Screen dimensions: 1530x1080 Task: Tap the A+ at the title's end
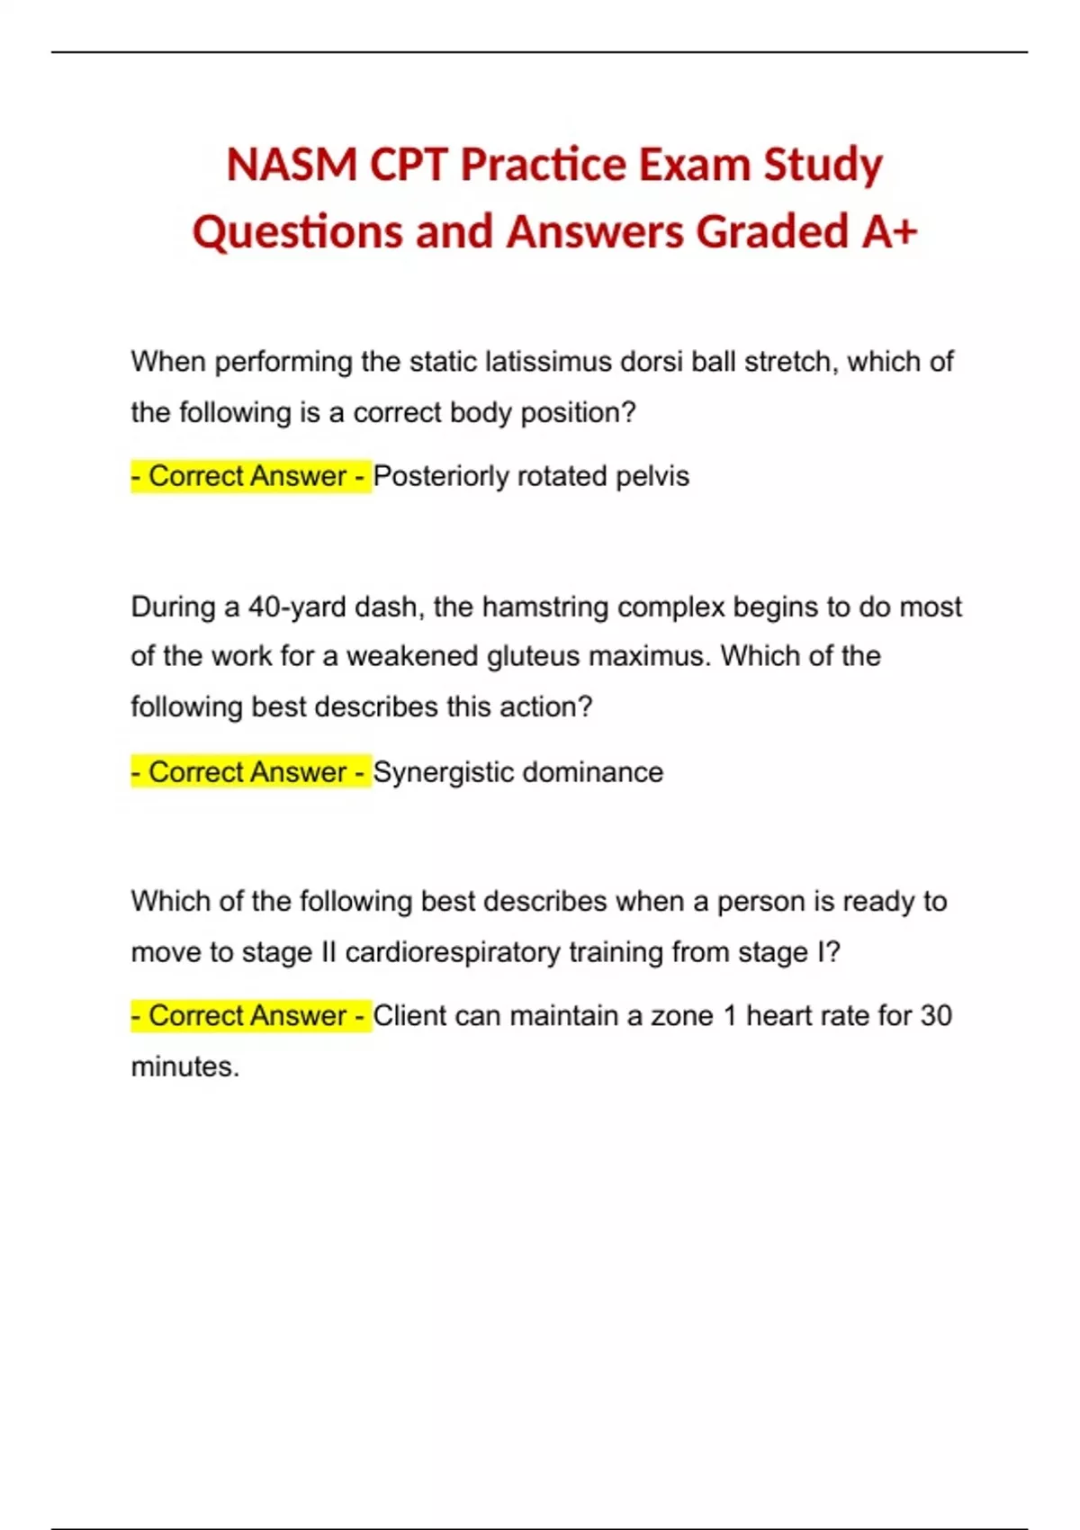pos(889,231)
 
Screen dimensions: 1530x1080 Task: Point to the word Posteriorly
pos(440,476)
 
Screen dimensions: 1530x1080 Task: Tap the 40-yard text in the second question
pos(297,607)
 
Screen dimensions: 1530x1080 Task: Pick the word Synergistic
pos(443,772)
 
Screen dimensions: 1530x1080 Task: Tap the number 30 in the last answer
pos(935,1016)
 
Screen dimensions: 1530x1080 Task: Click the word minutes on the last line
pos(184,1066)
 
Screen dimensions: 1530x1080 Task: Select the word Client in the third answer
pos(410,1016)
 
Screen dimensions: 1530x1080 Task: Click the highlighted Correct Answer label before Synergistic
pos(249,772)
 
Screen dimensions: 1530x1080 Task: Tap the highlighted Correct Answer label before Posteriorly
pos(249,476)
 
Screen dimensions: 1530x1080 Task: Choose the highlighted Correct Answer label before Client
pos(249,1016)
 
